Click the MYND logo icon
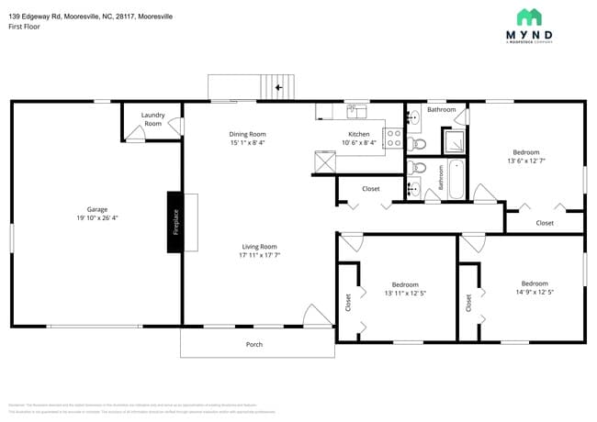[x=529, y=17]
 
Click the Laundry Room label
[x=152, y=119]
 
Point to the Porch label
[x=254, y=345]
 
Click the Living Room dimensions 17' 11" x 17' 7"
[x=259, y=255]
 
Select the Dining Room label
[x=247, y=134]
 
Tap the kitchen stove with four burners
[x=392, y=139]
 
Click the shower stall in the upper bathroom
[x=454, y=140]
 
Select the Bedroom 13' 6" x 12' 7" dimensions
[x=525, y=161]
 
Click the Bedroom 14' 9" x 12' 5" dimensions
[x=534, y=293]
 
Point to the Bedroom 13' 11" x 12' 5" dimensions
[x=404, y=294]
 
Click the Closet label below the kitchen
[x=371, y=189]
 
